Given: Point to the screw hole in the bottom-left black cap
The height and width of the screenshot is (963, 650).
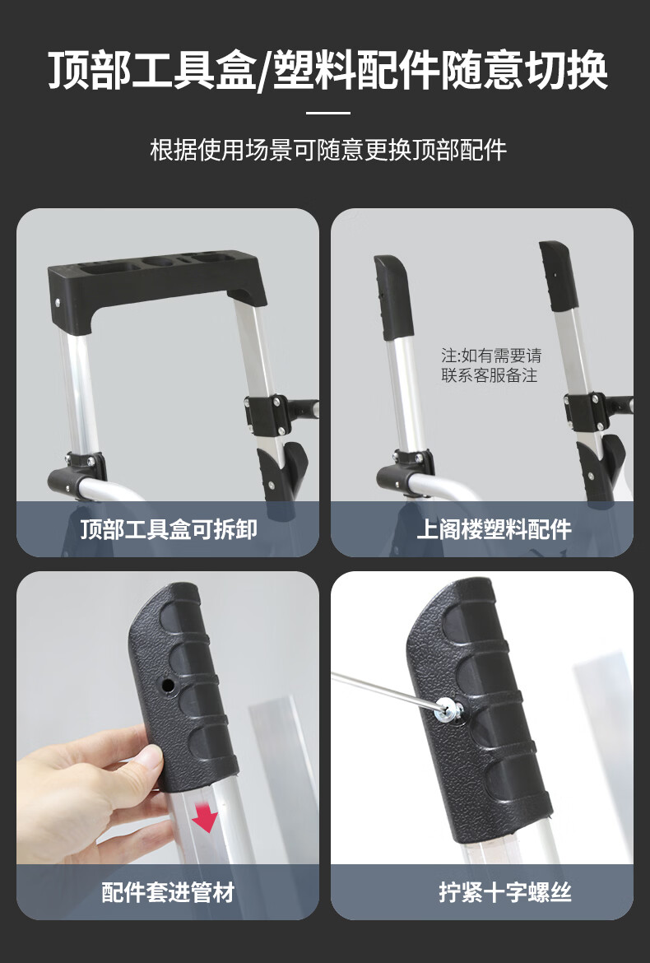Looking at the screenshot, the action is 166,684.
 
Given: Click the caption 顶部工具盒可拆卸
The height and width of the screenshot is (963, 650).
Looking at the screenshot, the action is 168,528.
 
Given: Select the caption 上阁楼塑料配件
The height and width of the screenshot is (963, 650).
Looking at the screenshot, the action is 494,528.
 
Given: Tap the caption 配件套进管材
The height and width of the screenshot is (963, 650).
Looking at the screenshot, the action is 168,891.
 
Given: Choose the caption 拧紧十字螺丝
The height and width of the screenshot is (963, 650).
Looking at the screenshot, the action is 504,891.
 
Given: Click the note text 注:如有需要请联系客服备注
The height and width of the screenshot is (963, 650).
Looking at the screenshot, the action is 491,365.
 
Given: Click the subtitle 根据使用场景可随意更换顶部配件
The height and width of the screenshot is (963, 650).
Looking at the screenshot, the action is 328,150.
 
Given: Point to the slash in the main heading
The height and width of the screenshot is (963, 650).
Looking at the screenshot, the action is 264,72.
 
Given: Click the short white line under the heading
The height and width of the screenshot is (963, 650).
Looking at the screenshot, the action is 328,113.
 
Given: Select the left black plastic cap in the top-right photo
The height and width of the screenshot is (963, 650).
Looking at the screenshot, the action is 392,296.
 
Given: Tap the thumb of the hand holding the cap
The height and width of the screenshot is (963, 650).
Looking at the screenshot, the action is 132,761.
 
